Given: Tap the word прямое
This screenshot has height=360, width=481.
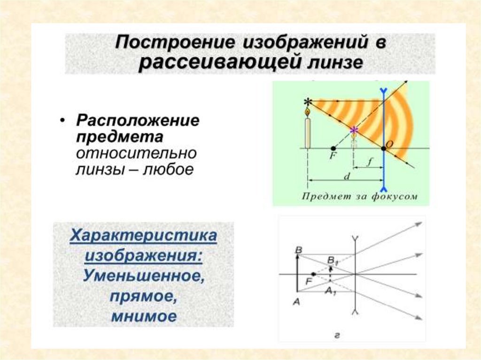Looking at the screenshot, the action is [144, 296].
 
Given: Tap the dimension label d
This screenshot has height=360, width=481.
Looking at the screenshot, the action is [347, 176].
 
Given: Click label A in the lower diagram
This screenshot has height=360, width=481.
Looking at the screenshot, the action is [296, 302].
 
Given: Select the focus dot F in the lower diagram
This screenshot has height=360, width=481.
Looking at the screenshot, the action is [313, 274].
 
